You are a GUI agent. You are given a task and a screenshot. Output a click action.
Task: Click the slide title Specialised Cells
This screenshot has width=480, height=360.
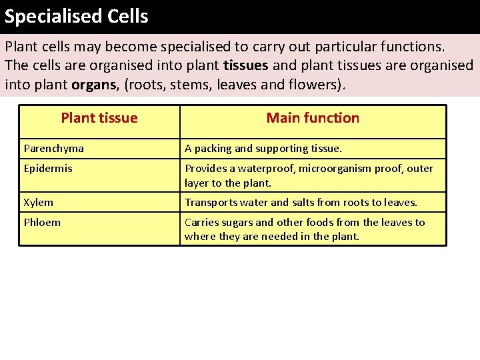76,16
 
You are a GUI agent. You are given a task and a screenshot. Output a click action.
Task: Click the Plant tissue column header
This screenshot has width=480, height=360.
99,119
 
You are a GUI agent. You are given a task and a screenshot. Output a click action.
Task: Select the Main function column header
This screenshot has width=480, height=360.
313,119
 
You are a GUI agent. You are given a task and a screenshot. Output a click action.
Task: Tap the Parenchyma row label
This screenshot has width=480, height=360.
54,149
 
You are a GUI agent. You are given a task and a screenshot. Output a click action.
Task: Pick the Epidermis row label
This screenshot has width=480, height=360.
48,169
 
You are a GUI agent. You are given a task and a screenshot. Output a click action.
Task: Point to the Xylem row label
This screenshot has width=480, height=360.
39,202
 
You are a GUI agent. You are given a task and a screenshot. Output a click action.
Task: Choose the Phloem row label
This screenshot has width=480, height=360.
42,222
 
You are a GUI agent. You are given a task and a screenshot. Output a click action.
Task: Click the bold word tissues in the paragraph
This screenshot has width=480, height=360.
246,66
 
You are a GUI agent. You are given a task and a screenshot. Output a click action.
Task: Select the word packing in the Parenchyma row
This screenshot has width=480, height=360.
212,149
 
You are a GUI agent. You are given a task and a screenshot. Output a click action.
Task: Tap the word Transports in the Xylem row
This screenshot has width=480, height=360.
209,202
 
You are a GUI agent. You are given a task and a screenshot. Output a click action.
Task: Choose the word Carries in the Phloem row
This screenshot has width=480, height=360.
200,222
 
